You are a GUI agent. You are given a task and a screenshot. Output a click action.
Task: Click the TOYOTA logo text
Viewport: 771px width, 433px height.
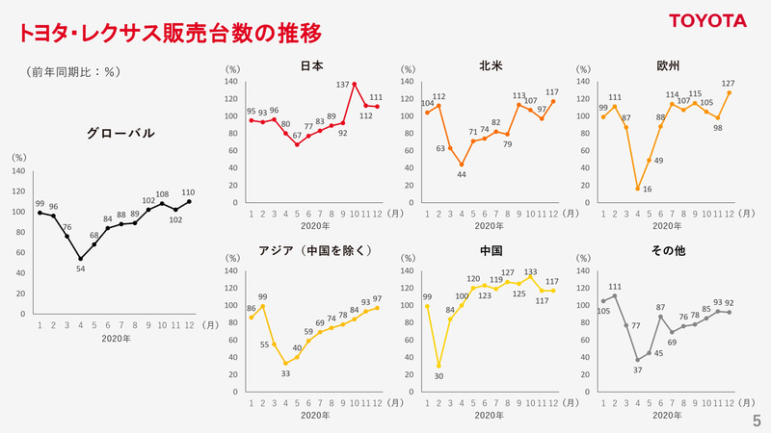tap(708, 21)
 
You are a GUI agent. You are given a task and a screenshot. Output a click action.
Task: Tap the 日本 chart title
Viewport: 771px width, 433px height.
tap(311, 66)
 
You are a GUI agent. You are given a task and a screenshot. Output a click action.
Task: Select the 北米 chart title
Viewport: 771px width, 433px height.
tap(490, 66)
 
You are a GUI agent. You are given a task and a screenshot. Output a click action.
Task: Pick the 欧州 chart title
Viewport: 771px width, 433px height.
tap(667, 66)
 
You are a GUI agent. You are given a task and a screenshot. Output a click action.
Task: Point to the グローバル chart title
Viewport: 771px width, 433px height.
tap(120, 134)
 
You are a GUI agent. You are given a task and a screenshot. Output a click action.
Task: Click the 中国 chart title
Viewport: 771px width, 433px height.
tap(490, 252)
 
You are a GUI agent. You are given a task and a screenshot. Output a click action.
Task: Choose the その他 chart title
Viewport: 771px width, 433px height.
tap(667, 252)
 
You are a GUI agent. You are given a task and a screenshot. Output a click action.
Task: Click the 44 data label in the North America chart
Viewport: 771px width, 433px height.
tap(462, 174)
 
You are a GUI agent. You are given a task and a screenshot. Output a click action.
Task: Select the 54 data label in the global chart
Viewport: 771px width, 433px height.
tap(80, 268)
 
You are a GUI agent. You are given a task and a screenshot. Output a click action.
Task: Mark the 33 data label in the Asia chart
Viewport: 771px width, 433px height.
tap(285, 373)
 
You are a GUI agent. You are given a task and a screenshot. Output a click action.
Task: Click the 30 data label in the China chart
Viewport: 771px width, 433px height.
tap(439, 376)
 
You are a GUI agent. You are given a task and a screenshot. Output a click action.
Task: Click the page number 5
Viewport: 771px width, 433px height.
tap(757, 420)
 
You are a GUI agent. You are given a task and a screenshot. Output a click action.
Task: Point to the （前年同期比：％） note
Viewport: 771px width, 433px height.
tap(73, 72)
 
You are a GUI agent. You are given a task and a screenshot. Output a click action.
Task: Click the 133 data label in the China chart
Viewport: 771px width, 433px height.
tap(531, 272)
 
